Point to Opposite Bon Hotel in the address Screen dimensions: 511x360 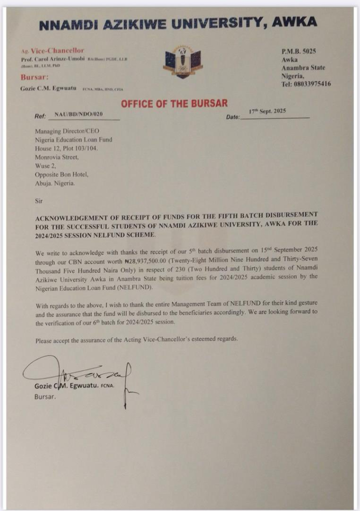(x=61, y=174)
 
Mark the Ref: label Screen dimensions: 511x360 (x=40, y=116)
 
